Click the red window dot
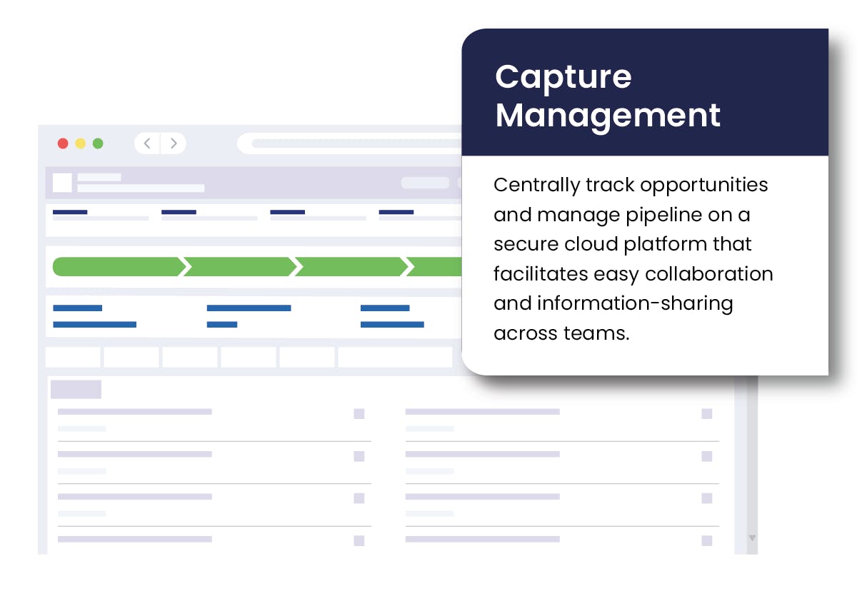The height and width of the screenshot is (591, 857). coord(63,143)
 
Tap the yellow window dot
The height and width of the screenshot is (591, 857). coord(80,143)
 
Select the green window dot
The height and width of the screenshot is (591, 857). coord(98,143)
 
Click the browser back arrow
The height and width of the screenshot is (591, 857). coord(147,143)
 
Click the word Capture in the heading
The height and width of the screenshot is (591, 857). coord(563,78)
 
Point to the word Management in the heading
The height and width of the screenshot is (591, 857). coord(608,116)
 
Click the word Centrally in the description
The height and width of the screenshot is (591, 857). coord(536,186)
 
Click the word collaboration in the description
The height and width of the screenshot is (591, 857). coord(709,274)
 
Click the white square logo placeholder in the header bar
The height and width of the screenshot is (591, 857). coord(62,183)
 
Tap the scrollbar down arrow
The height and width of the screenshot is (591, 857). coord(752,538)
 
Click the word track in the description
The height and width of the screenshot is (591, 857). coord(610,185)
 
